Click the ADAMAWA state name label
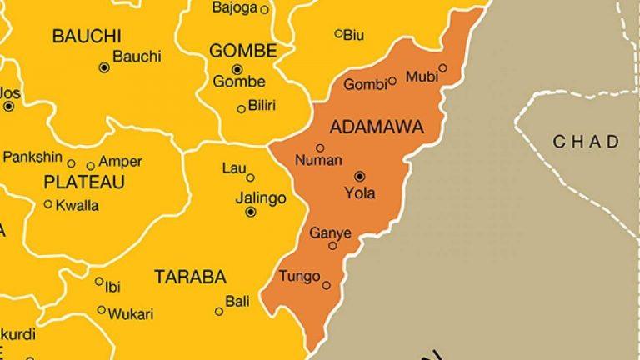click(377, 127)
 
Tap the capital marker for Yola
click(360, 176)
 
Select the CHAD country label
click(587, 141)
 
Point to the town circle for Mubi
click(443, 68)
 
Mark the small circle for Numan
click(320, 147)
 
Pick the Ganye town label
click(331, 232)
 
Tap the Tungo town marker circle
click(327, 285)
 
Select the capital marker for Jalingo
click(251, 212)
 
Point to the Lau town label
click(232, 168)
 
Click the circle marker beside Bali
click(219, 312)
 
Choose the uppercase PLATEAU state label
click(84, 182)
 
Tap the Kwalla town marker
click(48, 203)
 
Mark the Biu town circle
click(338, 33)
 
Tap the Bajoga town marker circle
click(265, 9)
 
